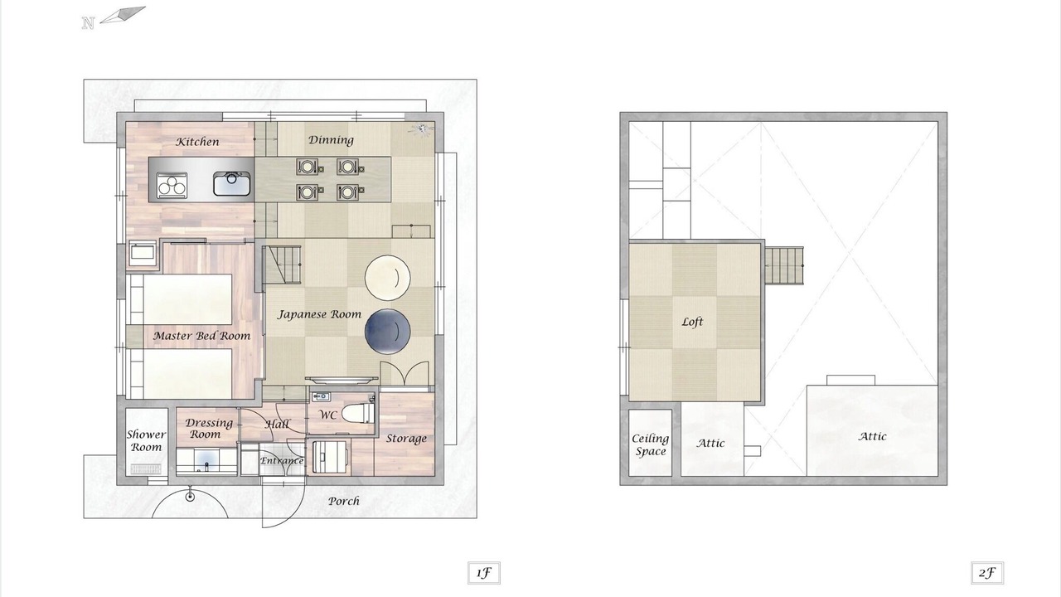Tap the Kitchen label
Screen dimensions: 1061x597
coord(197,142)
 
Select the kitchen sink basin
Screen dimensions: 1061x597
coord(231,183)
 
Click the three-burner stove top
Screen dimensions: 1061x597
coord(172,185)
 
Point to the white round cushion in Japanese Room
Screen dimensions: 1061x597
coord(387,278)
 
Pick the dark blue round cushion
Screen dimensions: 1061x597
coord(387,331)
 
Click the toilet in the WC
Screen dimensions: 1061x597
coord(358,413)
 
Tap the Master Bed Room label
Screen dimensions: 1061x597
coord(201,336)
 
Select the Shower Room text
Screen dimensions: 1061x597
coord(147,440)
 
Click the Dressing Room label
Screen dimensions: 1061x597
coord(208,429)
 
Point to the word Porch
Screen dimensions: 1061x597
coord(344,501)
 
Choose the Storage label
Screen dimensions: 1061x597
coord(406,439)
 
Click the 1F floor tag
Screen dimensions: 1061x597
coord(483,573)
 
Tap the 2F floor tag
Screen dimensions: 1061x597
coord(986,573)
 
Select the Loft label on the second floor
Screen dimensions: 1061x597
coord(692,323)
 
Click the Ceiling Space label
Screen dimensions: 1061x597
coord(651,445)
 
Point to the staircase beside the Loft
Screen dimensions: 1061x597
coord(784,266)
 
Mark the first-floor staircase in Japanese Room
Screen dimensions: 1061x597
coord(283,265)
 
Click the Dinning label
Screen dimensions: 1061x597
coord(331,140)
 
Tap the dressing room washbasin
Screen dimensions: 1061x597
coord(206,460)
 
